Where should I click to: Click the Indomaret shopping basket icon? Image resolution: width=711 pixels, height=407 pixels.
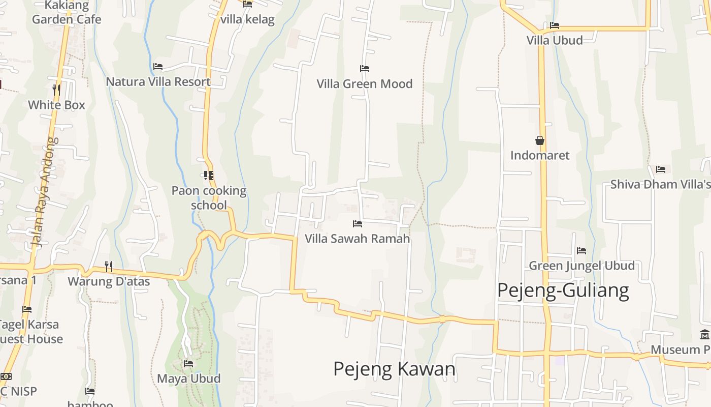540,140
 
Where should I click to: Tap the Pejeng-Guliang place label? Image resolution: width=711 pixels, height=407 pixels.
563,290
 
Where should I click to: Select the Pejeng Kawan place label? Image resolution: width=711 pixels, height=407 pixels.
394,369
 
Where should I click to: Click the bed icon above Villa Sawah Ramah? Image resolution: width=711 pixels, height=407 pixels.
358,223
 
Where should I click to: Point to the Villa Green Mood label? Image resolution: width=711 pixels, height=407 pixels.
365,83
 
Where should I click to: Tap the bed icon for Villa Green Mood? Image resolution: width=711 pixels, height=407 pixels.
364,69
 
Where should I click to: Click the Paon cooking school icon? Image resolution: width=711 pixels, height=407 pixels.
208,176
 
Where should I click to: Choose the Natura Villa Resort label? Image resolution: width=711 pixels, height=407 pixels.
158,81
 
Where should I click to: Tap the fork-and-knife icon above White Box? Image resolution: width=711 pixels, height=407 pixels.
56,90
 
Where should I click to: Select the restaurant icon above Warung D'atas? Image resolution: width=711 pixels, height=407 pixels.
109,266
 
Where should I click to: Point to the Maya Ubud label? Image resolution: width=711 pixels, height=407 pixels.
188,379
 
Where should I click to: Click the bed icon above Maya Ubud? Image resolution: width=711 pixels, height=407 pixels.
188,364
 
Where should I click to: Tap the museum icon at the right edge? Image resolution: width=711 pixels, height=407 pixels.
705,335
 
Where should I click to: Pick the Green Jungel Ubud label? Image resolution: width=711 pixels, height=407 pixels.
581,266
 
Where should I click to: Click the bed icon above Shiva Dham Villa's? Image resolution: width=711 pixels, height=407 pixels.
660,169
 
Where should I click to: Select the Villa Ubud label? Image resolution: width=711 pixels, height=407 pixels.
555,40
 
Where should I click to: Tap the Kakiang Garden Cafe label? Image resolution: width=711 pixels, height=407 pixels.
67,13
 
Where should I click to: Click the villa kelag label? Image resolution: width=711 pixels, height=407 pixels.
247,19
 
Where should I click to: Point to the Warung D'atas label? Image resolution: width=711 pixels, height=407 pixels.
109,281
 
